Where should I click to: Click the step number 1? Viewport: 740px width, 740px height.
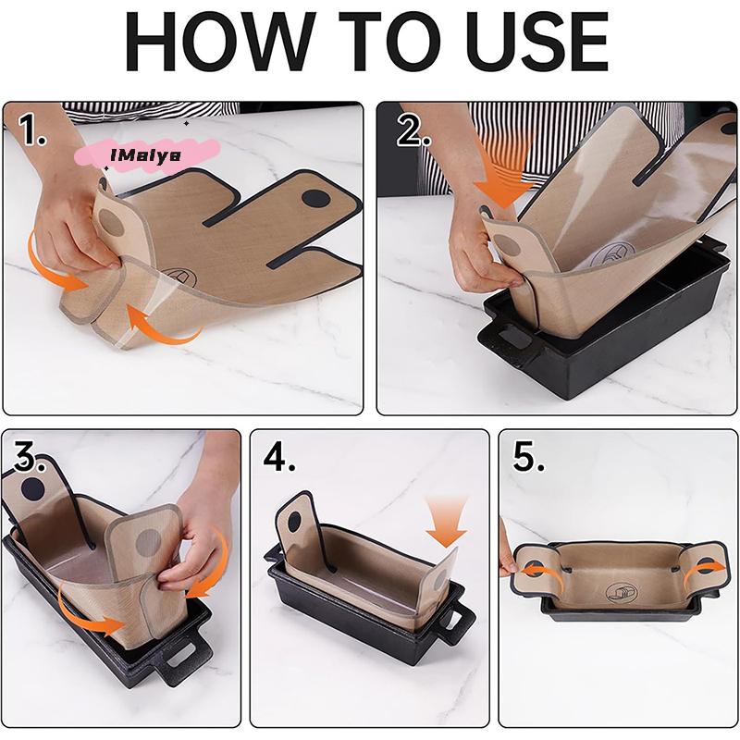[x=32, y=131]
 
